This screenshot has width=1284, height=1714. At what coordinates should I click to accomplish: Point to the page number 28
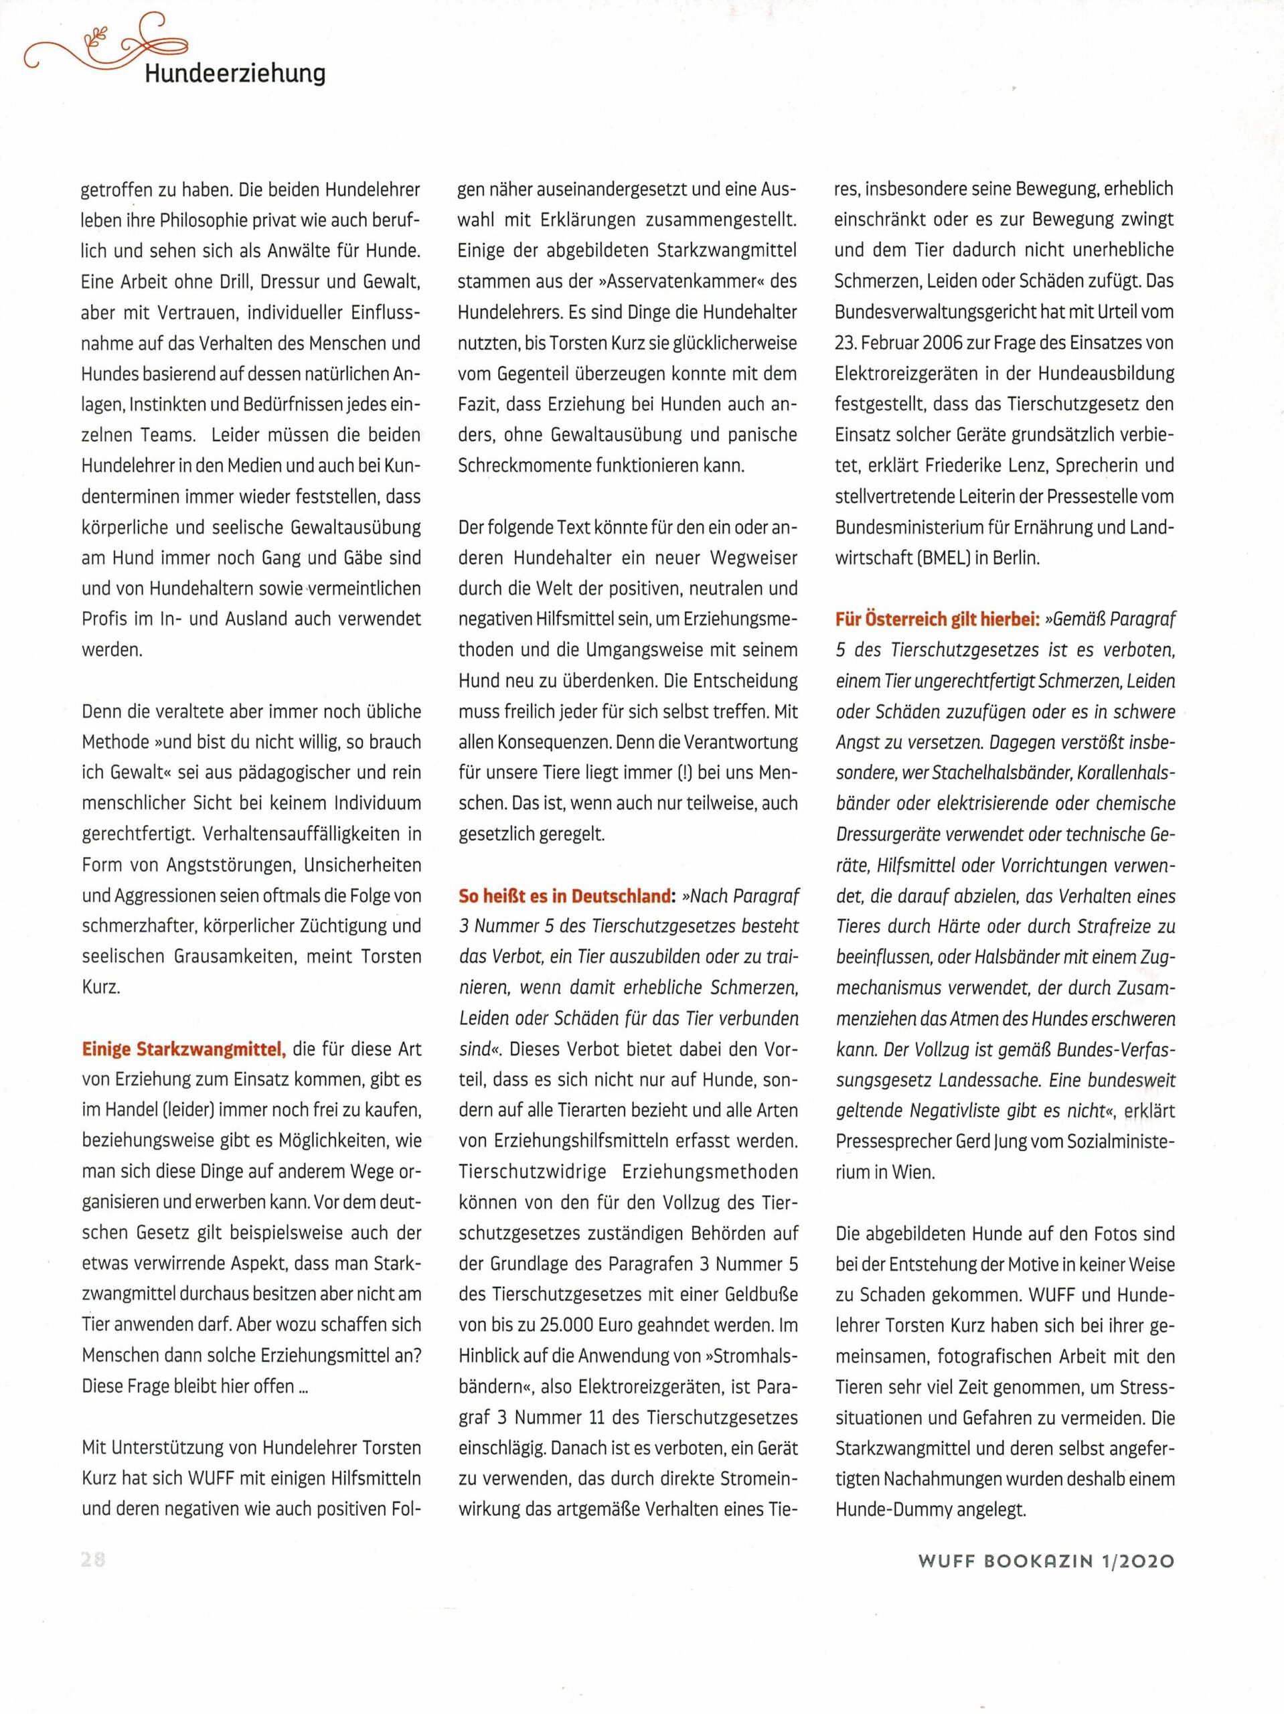[93, 1560]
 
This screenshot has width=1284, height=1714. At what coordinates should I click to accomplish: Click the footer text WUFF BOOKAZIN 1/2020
[1046, 1561]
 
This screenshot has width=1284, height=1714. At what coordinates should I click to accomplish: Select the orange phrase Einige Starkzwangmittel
[184, 1050]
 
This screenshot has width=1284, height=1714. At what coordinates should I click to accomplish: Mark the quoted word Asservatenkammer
[669, 281]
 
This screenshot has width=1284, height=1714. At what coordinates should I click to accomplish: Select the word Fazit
[481, 404]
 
